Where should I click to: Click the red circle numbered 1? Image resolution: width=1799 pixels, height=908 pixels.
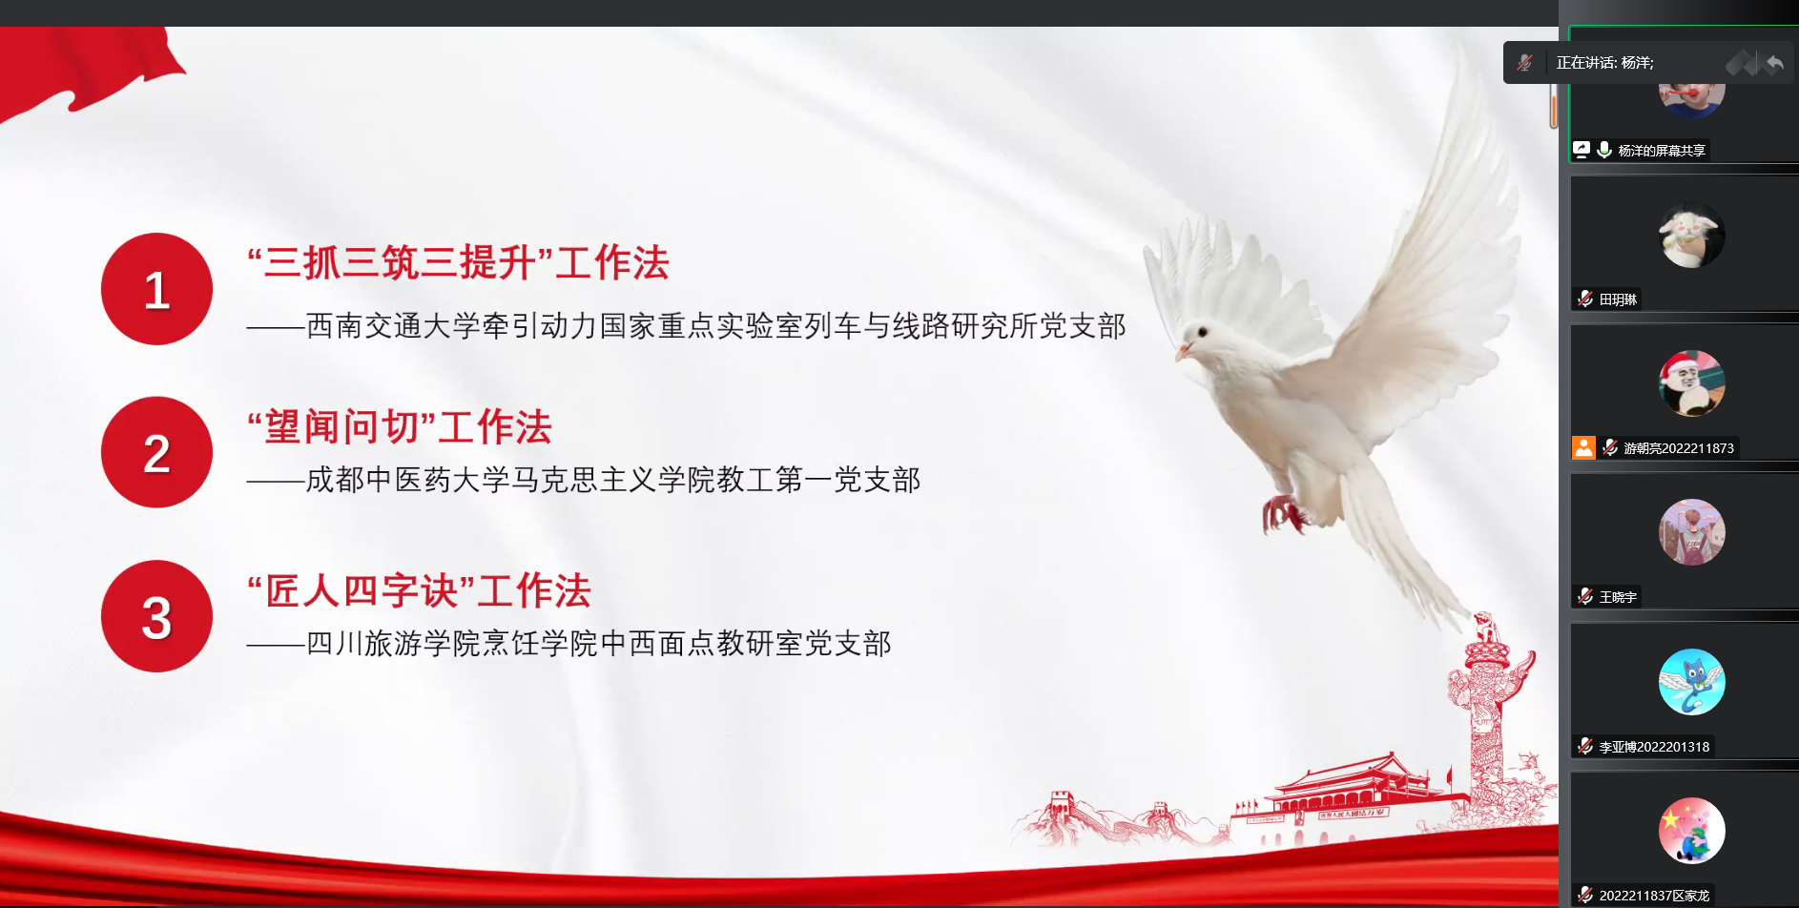coord(156,289)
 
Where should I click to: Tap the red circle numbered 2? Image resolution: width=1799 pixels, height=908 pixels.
coord(156,452)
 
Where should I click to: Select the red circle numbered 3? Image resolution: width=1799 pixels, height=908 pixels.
coord(156,616)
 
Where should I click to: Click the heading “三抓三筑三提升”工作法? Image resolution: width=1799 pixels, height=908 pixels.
coord(458,262)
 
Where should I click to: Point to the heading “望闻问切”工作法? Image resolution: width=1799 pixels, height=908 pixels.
coord(400,426)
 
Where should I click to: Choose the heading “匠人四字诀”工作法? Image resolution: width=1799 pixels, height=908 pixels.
coord(419,590)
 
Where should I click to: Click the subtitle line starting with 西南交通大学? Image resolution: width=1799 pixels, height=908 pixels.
coord(687,326)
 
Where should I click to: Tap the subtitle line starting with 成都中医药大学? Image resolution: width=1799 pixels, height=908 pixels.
coord(584,480)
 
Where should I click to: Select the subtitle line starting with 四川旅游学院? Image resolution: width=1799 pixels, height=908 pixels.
coord(569,644)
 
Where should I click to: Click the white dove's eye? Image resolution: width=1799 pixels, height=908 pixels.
coord(1203,332)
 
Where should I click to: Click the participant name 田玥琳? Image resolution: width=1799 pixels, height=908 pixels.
coord(1618,299)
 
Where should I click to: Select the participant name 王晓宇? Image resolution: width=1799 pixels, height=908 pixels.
coord(1618,597)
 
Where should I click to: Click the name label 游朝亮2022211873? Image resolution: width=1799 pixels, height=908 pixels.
coord(1679,448)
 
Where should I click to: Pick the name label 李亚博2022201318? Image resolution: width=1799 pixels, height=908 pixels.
coord(1654,747)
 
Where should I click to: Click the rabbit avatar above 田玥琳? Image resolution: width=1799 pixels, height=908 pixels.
coord(1692,235)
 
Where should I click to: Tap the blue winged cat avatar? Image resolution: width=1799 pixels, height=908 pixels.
coord(1692,682)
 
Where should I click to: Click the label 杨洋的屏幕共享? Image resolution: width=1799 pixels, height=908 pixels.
coord(1662,151)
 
